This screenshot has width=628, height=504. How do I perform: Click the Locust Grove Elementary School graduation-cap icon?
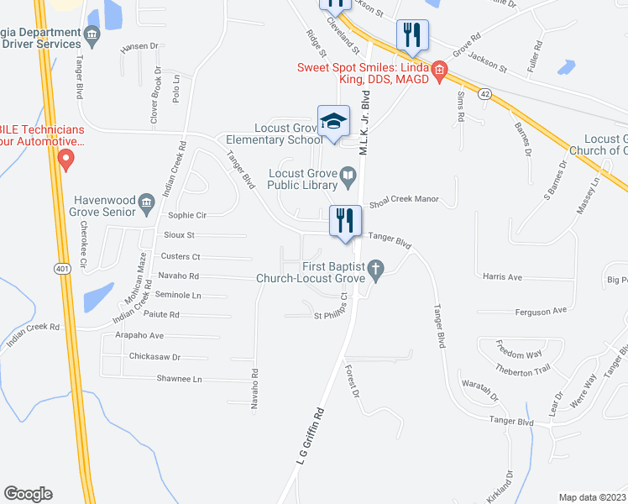point(333,121)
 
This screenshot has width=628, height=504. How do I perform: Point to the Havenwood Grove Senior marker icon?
point(146,201)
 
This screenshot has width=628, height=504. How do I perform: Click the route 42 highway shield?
point(484,95)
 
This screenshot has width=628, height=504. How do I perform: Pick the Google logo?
point(28,494)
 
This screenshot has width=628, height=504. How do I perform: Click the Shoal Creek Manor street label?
point(404,199)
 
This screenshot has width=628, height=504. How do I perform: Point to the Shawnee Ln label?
point(179,379)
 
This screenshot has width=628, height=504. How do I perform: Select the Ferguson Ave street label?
point(542,311)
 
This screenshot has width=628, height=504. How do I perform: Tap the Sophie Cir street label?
point(187,215)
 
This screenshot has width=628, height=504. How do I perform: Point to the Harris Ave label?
point(502,276)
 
